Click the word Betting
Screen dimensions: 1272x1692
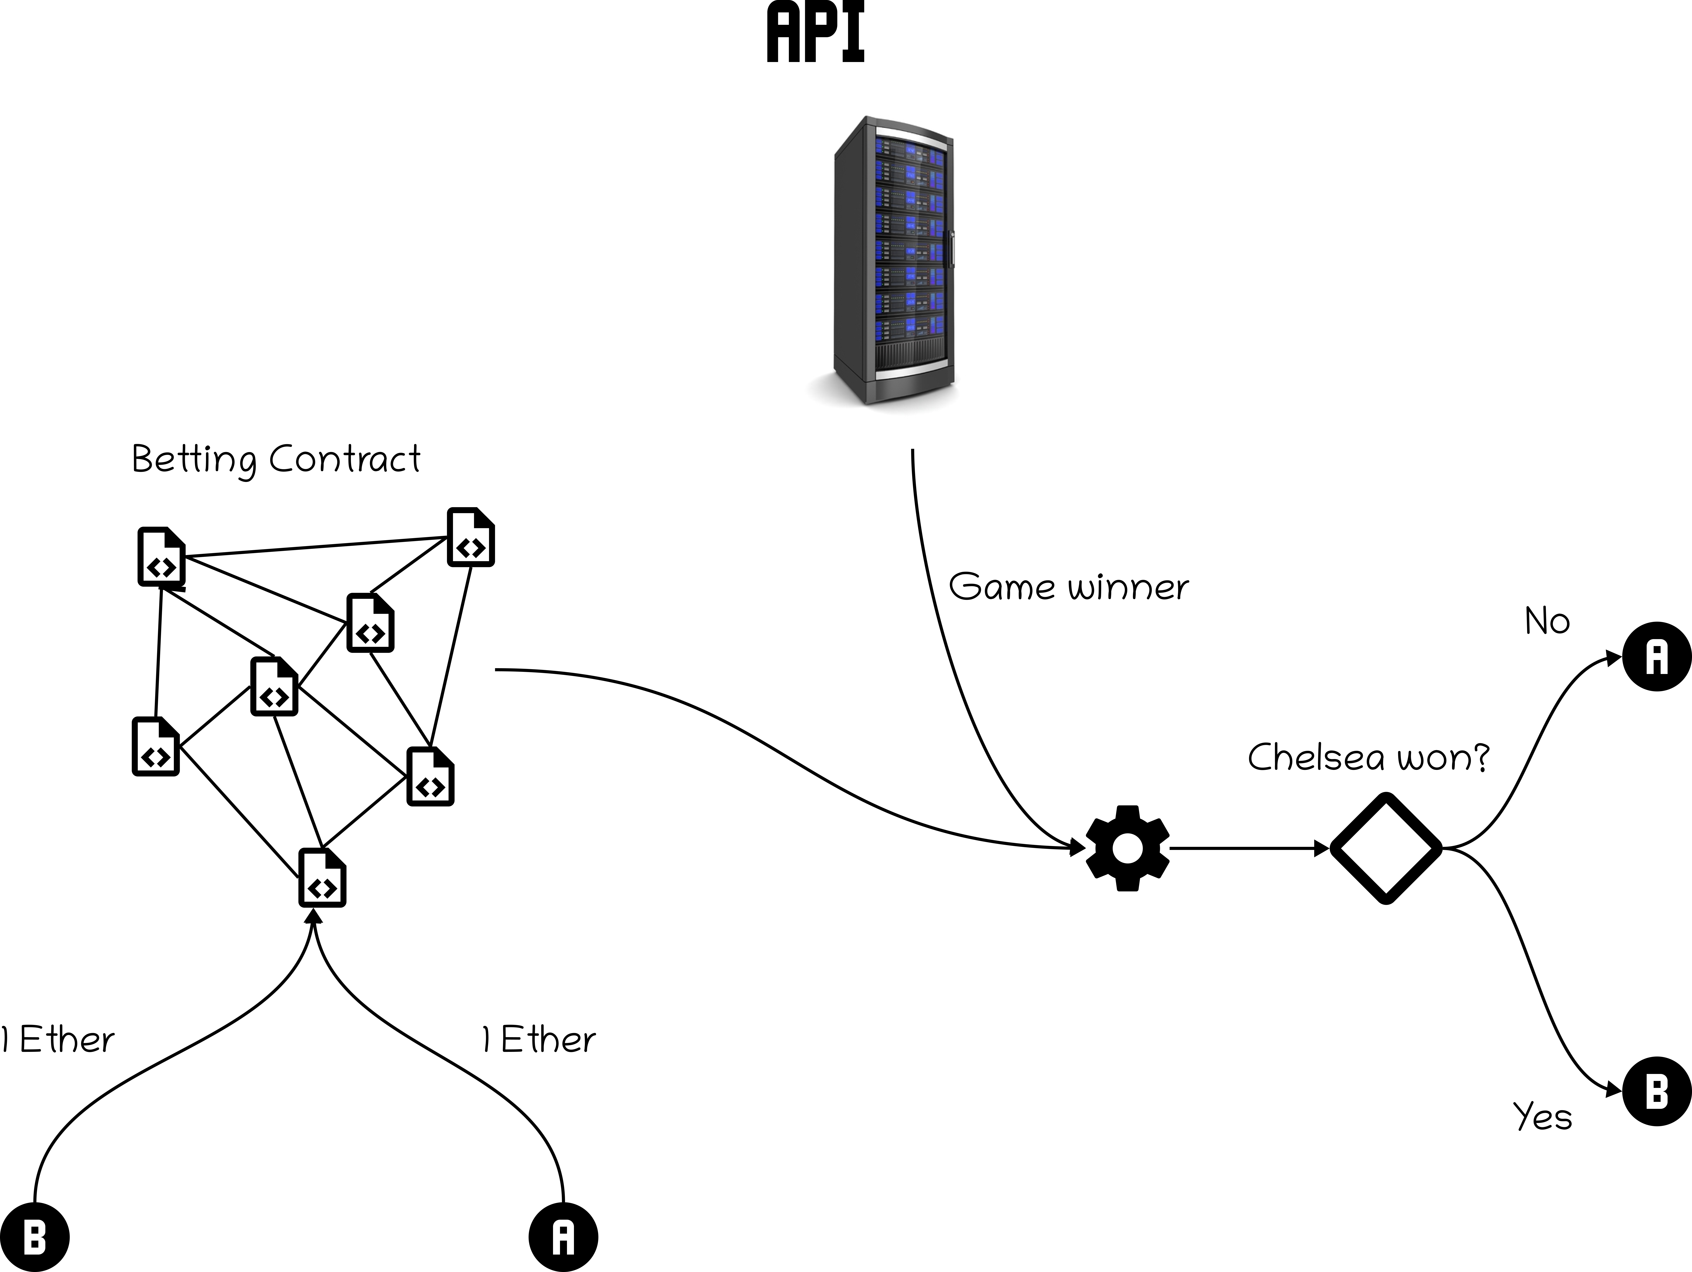click(194, 460)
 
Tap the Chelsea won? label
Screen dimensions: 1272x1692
click(1368, 757)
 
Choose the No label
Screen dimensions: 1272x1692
click(1547, 621)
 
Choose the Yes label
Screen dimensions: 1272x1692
click(1542, 1117)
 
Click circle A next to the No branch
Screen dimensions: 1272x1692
click(1657, 656)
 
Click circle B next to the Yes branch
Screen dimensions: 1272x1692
click(1657, 1091)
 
